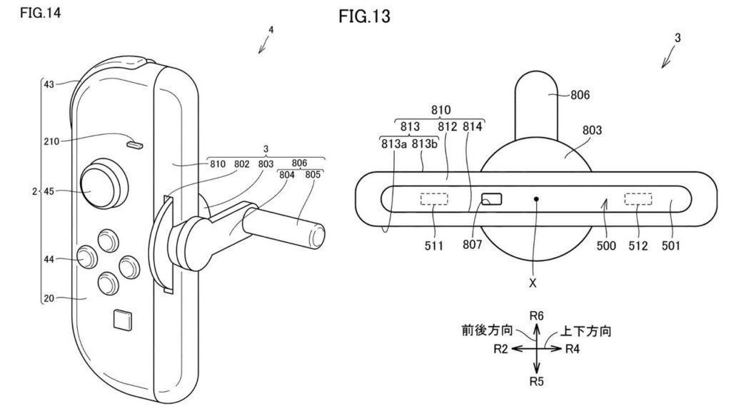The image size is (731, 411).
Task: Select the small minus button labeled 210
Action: pyautogui.click(x=134, y=145)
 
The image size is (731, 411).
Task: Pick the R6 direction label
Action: pyautogui.click(x=538, y=314)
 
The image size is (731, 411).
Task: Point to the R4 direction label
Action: pyautogui.click(x=575, y=348)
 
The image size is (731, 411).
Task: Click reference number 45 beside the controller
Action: pyautogui.click(x=49, y=191)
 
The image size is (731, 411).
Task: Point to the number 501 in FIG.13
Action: pyautogui.click(x=670, y=246)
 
